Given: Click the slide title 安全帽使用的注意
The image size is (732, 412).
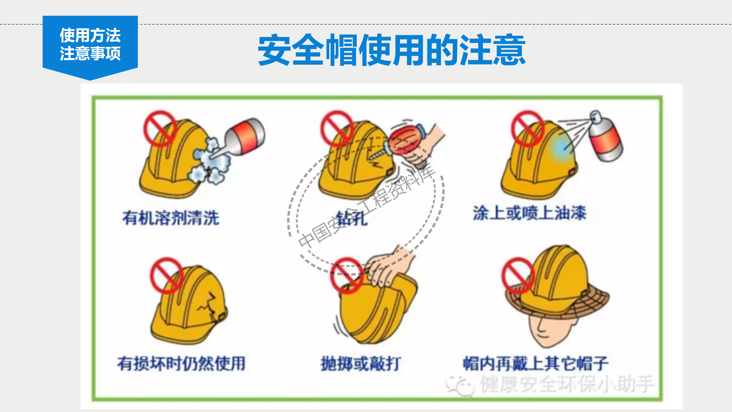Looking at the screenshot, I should pyautogui.click(x=391, y=50).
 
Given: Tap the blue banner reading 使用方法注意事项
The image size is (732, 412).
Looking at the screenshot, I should pyautogui.click(x=90, y=44).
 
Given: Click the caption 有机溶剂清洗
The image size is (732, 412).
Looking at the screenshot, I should pyautogui.click(x=171, y=218).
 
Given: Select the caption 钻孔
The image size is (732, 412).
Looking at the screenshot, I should pyautogui.click(x=352, y=219).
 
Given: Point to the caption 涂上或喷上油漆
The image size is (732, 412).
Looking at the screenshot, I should pyautogui.click(x=529, y=213).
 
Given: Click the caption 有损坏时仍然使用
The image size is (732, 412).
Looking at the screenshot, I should pyautogui.click(x=181, y=364).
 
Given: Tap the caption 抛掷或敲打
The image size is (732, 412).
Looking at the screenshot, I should pyautogui.click(x=361, y=364).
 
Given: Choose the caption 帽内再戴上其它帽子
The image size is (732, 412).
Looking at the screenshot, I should pyautogui.click(x=535, y=364).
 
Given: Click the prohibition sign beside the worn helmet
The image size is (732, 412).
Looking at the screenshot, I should pyautogui.click(x=518, y=275).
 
